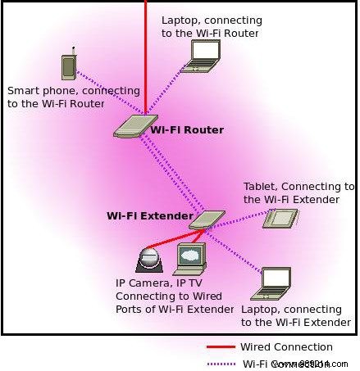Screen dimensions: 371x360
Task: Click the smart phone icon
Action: coord(70,67)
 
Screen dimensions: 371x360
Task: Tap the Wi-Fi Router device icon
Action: coord(131,126)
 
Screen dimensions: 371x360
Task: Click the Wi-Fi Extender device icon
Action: coord(207,219)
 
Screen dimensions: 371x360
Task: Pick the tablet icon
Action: coord(280,218)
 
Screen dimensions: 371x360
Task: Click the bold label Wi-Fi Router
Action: coord(187,130)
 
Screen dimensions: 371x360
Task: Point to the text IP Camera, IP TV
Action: coord(160,283)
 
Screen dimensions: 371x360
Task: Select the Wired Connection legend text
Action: coord(286,347)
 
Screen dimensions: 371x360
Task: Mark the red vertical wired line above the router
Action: coord(146,49)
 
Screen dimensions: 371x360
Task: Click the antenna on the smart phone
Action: coord(74,51)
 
